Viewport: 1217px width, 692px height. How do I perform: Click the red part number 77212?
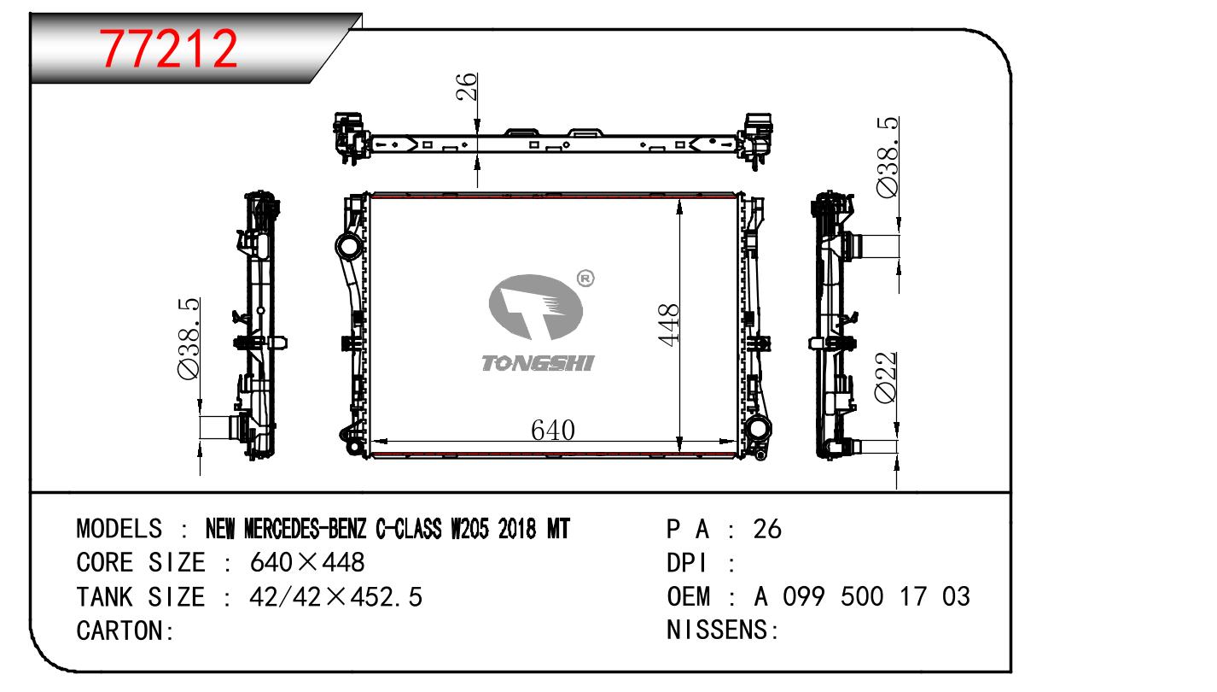click(168, 49)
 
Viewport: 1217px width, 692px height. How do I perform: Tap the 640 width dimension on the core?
click(552, 430)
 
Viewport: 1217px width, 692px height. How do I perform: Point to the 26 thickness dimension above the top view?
click(466, 86)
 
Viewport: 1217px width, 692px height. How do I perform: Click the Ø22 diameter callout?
click(885, 378)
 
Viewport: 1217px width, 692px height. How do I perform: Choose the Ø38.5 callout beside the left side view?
click(189, 338)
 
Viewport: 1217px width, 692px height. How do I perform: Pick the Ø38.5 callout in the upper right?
click(888, 157)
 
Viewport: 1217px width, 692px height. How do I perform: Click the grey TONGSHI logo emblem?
click(535, 307)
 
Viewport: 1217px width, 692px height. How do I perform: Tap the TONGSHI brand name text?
click(538, 363)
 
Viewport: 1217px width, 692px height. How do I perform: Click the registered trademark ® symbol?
click(585, 279)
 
